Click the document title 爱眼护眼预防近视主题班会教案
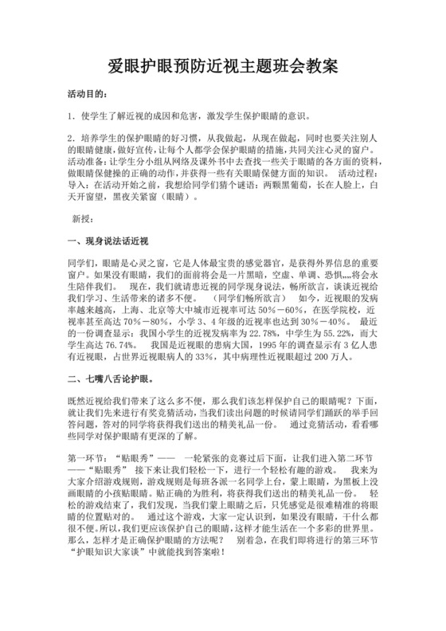[222, 67]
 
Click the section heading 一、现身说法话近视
[109, 240]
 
